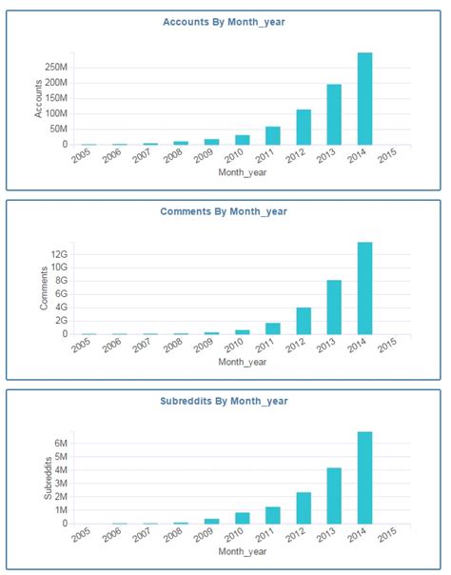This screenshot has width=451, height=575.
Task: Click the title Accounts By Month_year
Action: [225, 22]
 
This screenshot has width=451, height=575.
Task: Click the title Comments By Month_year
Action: [225, 211]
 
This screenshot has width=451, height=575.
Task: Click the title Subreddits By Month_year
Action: [225, 401]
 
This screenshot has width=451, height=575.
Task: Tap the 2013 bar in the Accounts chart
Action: [334, 114]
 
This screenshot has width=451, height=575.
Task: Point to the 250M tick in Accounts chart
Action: [54, 68]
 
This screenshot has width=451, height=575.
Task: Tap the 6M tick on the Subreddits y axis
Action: [58, 444]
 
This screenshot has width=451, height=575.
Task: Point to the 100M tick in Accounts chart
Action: [54, 114]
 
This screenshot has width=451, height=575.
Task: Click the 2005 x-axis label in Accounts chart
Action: [85, 158]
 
